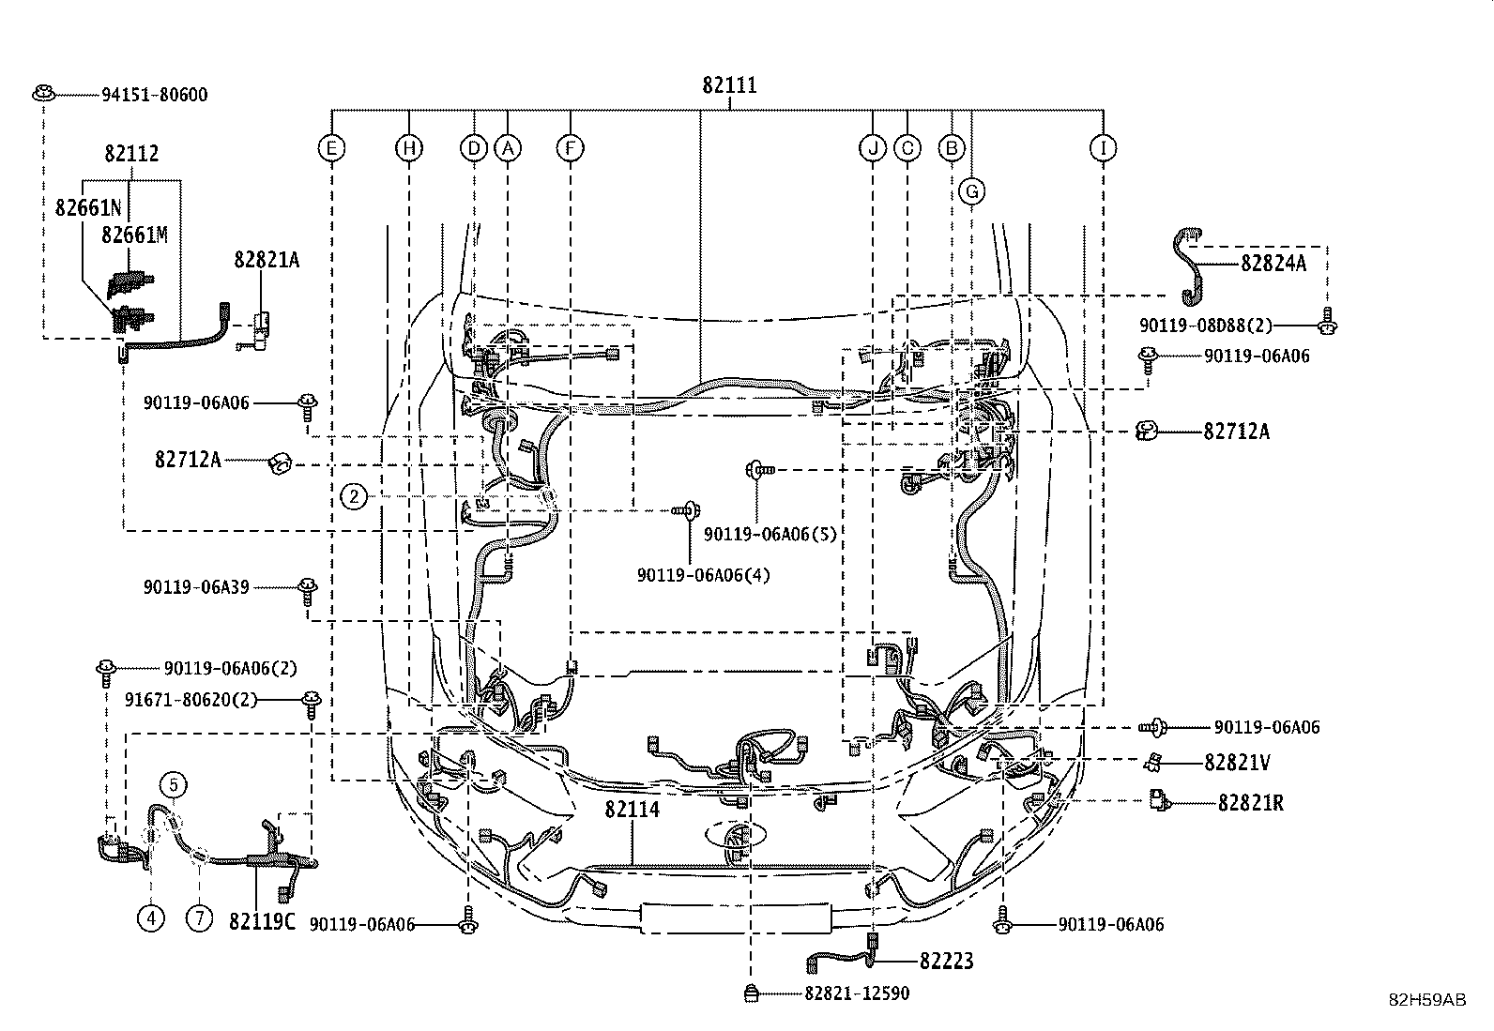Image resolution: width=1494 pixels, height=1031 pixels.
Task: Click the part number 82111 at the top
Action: [729, 85]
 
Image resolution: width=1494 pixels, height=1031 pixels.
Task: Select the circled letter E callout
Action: [330, 148]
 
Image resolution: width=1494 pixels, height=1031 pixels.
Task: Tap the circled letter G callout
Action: [972, 192]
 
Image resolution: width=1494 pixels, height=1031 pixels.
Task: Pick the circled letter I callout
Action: [1103, 148]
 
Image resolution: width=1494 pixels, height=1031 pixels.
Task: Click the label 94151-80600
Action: [155, 95]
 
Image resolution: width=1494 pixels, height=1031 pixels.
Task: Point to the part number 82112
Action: [131, 154]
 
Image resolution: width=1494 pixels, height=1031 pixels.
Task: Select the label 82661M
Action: [135, 235]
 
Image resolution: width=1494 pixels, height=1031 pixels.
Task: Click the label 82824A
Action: [1273, 264]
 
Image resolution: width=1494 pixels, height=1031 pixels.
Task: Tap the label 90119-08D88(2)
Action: [1206, 326]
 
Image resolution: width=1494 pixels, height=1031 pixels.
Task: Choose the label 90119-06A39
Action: [196, 586]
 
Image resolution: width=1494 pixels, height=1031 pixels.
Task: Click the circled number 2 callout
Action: [353, 496]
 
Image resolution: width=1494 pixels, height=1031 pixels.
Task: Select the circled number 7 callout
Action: [199, 917]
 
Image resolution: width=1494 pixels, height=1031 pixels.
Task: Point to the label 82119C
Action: [262, 921]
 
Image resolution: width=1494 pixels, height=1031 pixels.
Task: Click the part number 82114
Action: [632, 810]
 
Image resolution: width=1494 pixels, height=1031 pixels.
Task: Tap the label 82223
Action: [946, 961]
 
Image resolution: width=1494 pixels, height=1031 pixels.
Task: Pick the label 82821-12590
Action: [856, 993]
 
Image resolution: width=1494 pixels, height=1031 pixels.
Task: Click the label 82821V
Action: [1237, 763]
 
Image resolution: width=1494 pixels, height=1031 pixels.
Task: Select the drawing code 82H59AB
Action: [1427, 1000]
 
